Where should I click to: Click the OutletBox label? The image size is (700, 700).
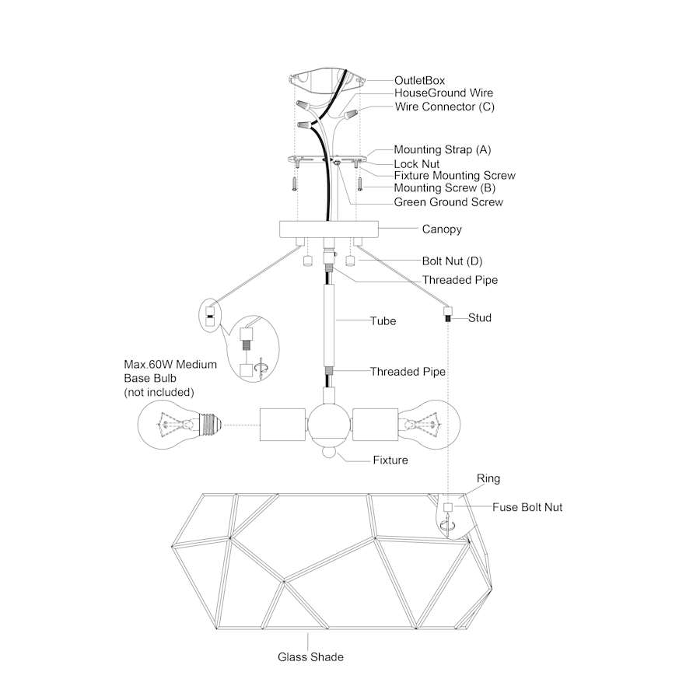pyautogui.click(x=419, y=80)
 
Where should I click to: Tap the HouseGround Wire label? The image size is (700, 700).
pyautogui.click(x=443, y=93)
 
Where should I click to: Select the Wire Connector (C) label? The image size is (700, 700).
pyautogui.click(x=445, y=107)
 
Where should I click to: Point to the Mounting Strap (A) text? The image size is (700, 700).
pyautogui.click(x=442, y=149)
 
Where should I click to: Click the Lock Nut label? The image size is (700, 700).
pyautogui.click(x=417, y=164)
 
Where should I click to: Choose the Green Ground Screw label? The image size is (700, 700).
pyautogui.click(x=448, y=202)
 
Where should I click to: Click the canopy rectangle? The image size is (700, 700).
pyautogui.click(x=329, y=229)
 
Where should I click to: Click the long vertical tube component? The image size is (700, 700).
pyautogui.click(x=329, y=326)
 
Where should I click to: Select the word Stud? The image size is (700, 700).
pyautogui.click(x=479, y=318)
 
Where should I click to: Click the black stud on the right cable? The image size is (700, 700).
pyautogui.click(x=448, y=319)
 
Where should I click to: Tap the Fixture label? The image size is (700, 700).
pyautogui.click(x=390, y=460)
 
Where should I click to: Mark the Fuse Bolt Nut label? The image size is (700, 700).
pyautogui.click(x=527, y=507)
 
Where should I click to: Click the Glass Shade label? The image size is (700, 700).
pyautogui.click(x=310, y=657)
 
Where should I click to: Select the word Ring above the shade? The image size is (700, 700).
pyautogui.click(x=488, y=478)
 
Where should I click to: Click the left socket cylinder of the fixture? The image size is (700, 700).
pyautogui.click(x=282, y=424)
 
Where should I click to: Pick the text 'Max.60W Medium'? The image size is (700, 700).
pyautogui.click(x=170, y=364)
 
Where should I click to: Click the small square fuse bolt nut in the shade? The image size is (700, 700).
pyautogui.click(x=448, y=507)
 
